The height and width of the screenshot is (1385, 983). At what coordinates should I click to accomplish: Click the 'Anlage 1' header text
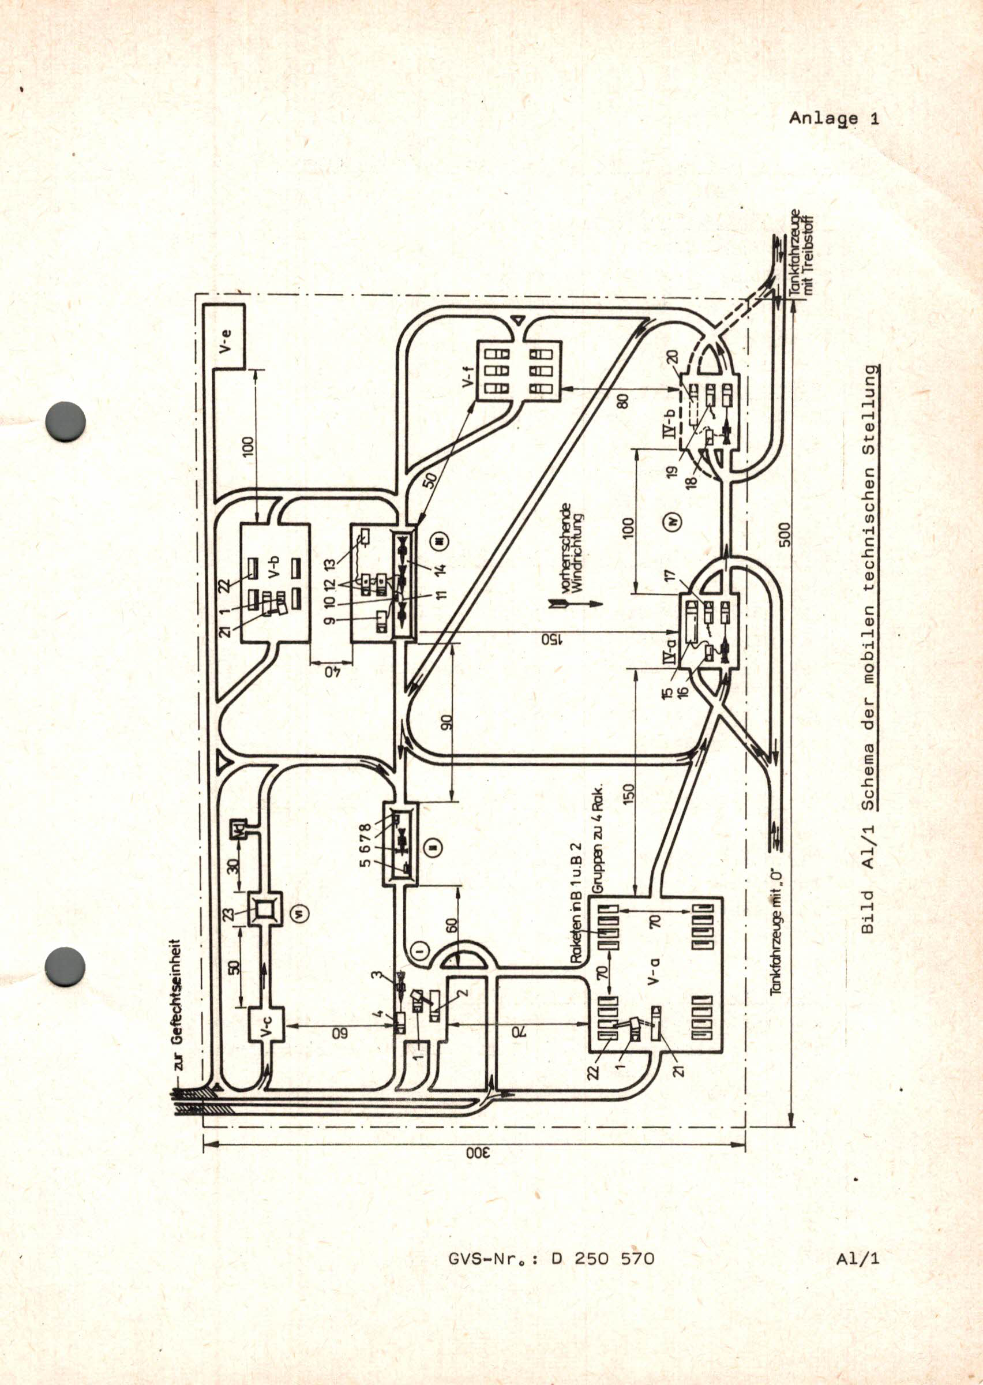click(834, 119)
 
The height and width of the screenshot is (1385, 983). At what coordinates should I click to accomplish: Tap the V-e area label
click(225, 342)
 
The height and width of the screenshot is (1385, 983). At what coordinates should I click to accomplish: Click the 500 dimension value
click(785, 534)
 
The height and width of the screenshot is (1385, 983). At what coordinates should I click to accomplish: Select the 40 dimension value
click(331, 671)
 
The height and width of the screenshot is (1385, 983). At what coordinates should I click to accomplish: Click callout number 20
click(674, 358)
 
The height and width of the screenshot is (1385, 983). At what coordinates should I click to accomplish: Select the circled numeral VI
click(301, 912)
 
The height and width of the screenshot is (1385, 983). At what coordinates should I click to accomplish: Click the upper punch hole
click(65, 421)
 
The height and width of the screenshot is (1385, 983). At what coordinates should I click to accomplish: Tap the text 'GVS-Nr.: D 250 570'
click(551, 1259)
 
